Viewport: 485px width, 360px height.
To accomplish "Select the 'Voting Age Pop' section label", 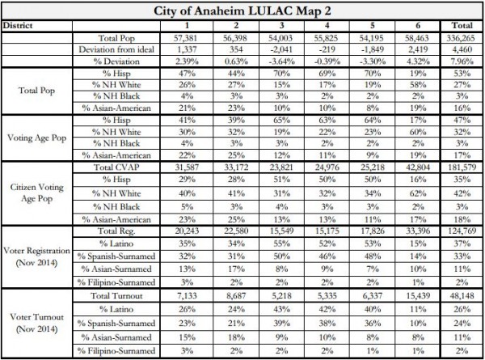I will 35,138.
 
